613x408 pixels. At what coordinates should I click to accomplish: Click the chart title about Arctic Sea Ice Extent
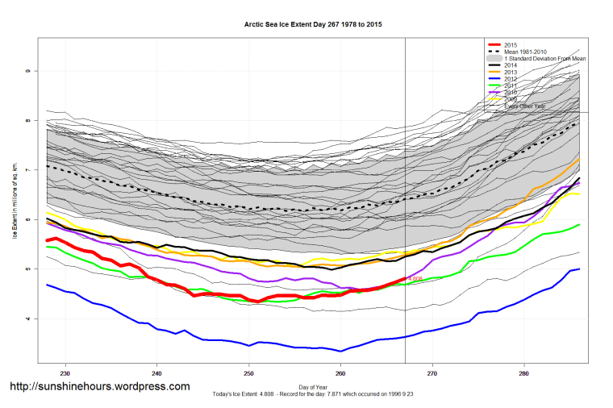313,25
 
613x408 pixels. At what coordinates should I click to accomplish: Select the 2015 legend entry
511,44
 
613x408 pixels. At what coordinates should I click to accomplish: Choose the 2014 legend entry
511,65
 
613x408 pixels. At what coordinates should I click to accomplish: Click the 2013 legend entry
511,72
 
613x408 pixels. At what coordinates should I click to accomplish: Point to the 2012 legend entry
511,78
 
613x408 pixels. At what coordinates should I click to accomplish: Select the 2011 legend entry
511,85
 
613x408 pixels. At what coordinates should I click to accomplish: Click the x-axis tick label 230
65,373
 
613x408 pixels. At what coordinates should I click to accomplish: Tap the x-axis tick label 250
249,373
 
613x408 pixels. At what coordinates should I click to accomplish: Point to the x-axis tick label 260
341,373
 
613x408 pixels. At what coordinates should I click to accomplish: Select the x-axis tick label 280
524,373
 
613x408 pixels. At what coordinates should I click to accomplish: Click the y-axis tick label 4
27,318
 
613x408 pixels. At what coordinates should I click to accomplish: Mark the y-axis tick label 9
27,71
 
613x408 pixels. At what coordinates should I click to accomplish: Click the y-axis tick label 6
27,219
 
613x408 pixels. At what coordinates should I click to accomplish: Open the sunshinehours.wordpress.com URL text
99,386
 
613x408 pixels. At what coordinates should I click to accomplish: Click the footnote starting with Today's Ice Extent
313,397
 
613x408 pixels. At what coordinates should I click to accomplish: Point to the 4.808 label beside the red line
415,279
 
